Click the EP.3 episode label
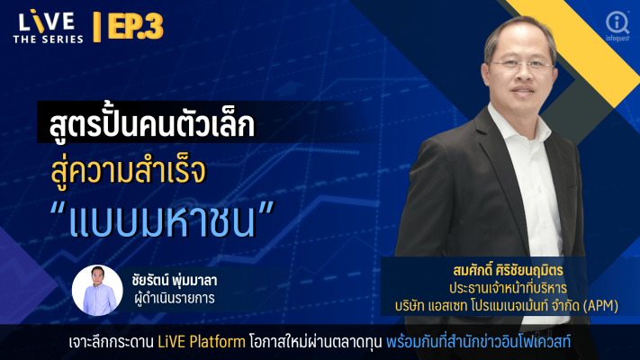pyautogui.click(x=136, y=26)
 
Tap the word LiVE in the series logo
pyautogui.click(x=46, y=22)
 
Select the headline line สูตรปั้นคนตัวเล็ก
pyautogui.click(x=152, y=123)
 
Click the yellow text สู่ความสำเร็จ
pyautogui.click(x=128, y=172)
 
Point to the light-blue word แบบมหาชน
pyautogui.click(x=162, y=221)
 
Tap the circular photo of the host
pyautogui.click(x=97, y=290)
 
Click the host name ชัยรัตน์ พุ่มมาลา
pyautogui.click(x=175, y=280)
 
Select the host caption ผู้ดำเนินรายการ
pyautogui.click(x=175, y=299)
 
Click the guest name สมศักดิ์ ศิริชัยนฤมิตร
pyautogui.click(x=508, y=270)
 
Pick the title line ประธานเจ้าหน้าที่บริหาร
pyautogui.click(x=508, y=288)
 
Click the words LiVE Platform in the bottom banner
pyautogui.click(x=202, y=342)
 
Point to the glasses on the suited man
pyautogui.click(x=522, y=65)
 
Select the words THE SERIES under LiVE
pyautogui.click(x=49, y=40)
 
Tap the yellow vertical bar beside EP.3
pyautogui.click(x=96, y=27)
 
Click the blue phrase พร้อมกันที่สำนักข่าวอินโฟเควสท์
pyautogui.click(x=478, y=342)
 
